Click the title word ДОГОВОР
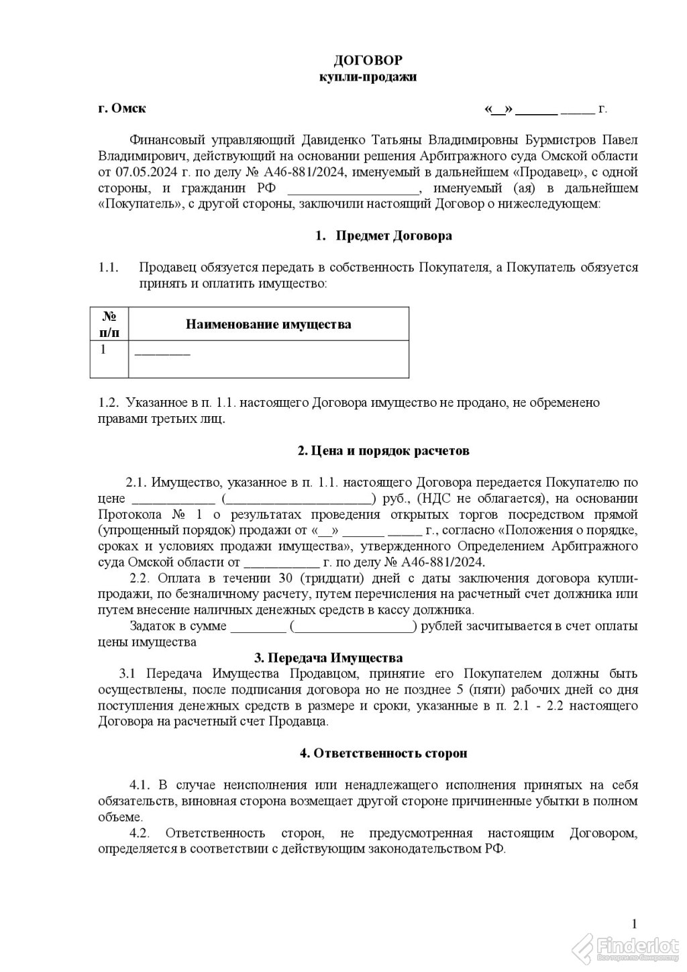(368, 61)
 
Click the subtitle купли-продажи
(368, 77)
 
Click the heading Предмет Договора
(393, 236)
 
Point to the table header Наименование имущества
(268, 325)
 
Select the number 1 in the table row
(103, 349)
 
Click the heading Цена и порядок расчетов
(383, 450)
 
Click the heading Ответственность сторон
(383, 753)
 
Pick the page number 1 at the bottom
(635, 922)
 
